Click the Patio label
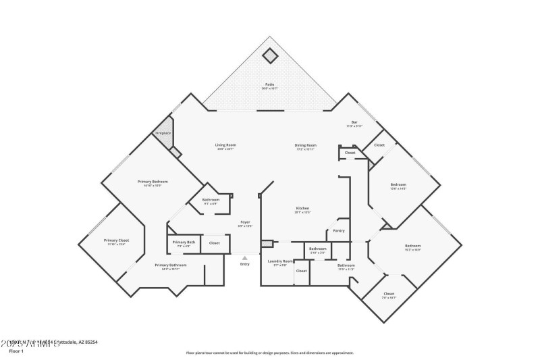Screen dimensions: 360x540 269,85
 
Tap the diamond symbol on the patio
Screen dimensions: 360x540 269,55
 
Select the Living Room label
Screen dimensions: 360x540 225,145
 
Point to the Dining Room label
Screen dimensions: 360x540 305,145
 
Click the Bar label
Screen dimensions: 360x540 354,123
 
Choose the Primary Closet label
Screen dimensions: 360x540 116,240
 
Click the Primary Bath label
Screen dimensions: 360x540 184,242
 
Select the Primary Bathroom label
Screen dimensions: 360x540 170,265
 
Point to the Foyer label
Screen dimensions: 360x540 246,222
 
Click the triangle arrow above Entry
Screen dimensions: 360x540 244,257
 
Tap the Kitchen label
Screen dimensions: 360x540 302,208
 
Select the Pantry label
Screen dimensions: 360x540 339,231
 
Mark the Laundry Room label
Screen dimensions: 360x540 280,261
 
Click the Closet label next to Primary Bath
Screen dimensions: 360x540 214,242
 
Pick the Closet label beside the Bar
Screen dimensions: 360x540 379,145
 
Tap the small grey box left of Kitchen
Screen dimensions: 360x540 267,243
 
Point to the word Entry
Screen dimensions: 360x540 244,263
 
